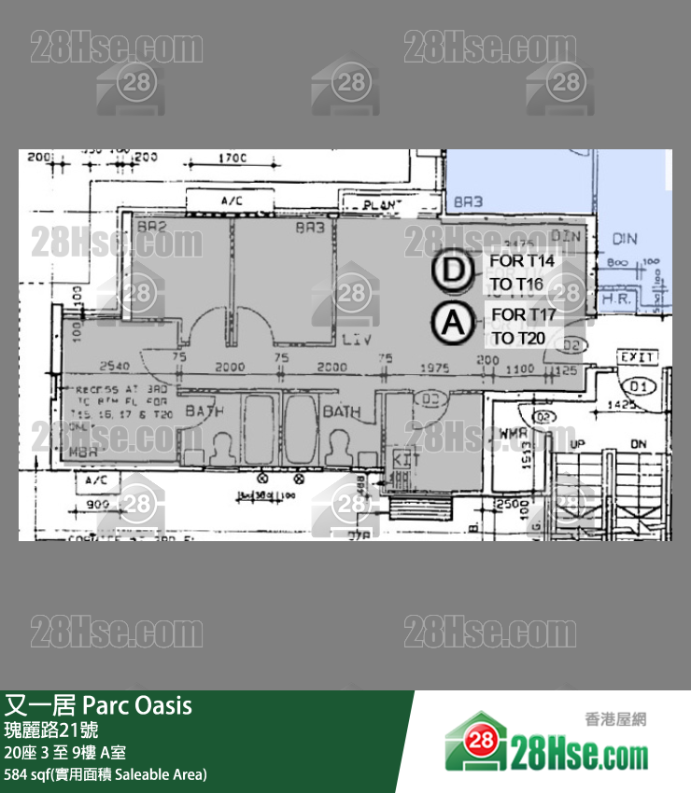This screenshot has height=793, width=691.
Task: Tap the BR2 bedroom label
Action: (151, 227)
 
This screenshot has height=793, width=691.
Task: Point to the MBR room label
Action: (84, 451)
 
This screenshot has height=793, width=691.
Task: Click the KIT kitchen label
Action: (402, 459)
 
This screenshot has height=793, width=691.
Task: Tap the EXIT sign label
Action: (639, 357)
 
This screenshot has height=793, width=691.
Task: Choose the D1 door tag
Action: (639, 385)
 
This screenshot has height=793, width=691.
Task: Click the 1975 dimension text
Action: (436, 368)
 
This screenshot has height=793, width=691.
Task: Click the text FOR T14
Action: (522, 261)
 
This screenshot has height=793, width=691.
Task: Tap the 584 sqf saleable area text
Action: (106, 774)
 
